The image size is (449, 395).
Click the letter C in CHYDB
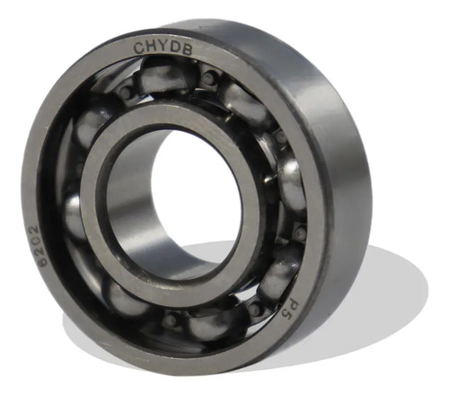[138, 48]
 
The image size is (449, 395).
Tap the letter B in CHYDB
[186, 49]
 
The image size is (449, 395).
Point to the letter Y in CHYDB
[163, 47]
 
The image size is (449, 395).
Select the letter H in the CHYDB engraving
[151, 47]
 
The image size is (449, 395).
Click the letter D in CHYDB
[174, 48]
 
